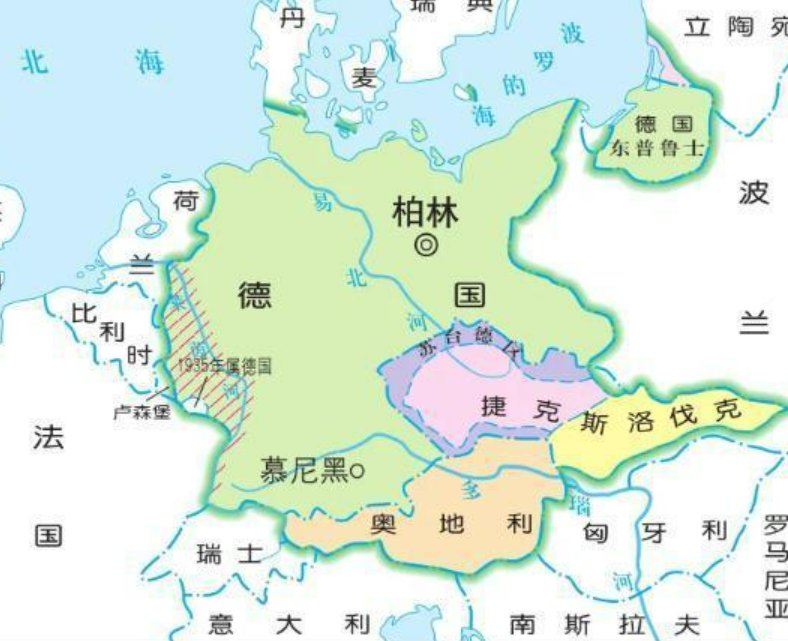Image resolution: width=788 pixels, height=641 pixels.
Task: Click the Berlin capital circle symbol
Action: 427,243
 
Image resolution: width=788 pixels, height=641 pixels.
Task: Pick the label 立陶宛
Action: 735,27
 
